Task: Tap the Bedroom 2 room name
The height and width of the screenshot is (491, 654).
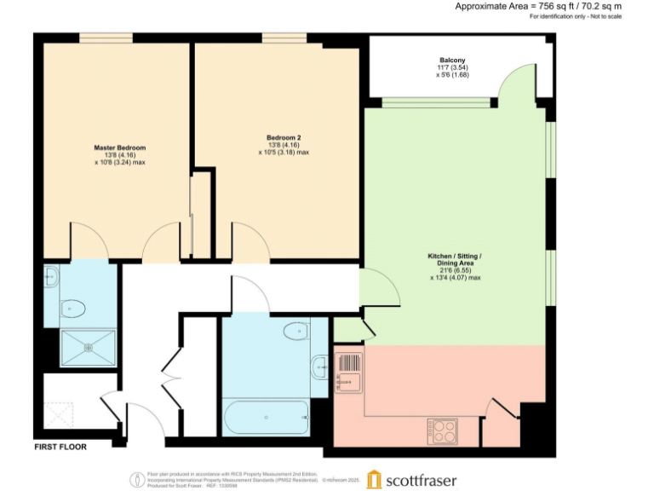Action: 283,138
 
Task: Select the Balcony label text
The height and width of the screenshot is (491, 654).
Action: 451,60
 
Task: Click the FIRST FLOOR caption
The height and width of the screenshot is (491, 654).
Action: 60,446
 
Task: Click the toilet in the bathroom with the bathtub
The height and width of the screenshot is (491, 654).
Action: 295,331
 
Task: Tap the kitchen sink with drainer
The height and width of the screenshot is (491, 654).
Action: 349,372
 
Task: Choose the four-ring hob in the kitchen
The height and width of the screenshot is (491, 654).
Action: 444,429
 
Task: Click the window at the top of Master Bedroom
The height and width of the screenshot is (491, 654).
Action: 106,37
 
